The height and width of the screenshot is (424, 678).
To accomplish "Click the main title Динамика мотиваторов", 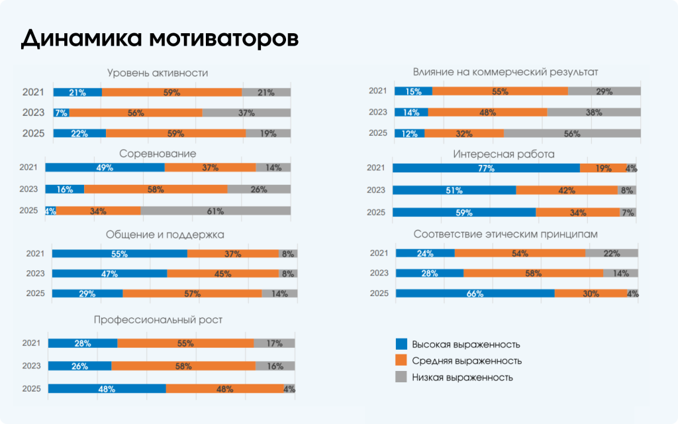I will tap(160, 38).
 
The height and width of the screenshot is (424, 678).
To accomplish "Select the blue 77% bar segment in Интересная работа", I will tap(486, 168).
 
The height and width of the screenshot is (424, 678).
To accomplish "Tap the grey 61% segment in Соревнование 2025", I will tap(215, 211).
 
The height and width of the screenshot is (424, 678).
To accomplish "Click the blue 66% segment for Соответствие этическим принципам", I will tap(475, 293).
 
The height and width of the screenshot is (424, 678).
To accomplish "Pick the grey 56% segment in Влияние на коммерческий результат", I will tap(572, 133).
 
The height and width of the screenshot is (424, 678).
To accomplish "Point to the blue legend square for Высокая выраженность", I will tap(401, 344).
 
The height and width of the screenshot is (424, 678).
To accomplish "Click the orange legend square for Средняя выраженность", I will tap(401, 360).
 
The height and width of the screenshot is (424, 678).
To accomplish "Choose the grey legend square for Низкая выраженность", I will tap(401, 377).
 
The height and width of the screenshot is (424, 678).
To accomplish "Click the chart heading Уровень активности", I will tap(158, 73).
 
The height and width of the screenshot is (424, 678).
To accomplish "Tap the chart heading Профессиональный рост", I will tap(158, 320).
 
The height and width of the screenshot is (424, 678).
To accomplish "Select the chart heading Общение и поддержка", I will tap(165, 235).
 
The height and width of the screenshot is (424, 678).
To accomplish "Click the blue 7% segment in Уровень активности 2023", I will tap(61, 113).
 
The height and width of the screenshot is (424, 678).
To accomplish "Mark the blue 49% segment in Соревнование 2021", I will tap(105, 168).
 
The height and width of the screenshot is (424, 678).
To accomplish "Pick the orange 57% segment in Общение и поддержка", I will tap(192, 293).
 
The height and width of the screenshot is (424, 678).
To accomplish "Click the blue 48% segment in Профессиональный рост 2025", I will tap(107, 389).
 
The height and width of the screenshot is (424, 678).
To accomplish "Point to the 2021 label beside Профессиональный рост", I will tap(32, 343).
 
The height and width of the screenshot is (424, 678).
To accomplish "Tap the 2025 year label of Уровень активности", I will tap(33, 133).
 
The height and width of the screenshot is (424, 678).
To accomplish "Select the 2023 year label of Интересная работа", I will tap(376, 190).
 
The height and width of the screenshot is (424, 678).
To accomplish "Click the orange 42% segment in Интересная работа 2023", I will tap(566, 190).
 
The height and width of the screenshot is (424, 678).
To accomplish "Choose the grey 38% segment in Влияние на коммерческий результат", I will tap(593, 113).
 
